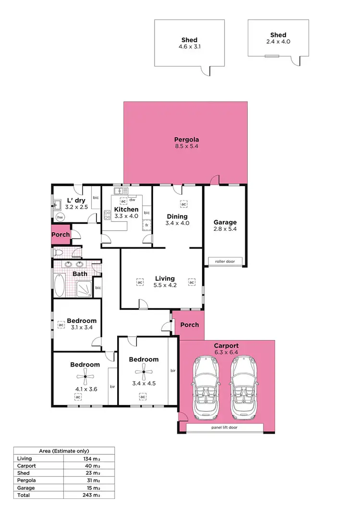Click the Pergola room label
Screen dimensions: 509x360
click(187, 140)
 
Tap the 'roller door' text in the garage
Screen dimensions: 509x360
click(225, 261)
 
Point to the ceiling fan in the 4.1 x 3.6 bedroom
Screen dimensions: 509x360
click(85, 377)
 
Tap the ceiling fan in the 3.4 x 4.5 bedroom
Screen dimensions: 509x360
click(143, 370)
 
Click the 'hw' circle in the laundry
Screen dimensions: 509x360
click(60, 217)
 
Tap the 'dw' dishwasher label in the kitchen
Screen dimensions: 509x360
click(132, 200)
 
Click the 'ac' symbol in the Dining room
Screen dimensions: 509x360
click(183, 204)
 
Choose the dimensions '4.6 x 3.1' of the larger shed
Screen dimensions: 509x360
click(189, 47)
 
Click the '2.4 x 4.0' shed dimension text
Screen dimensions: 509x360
click(278, 42)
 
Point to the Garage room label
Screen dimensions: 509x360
click(225, 222)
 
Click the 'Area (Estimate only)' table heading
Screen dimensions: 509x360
click(63, 451)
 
